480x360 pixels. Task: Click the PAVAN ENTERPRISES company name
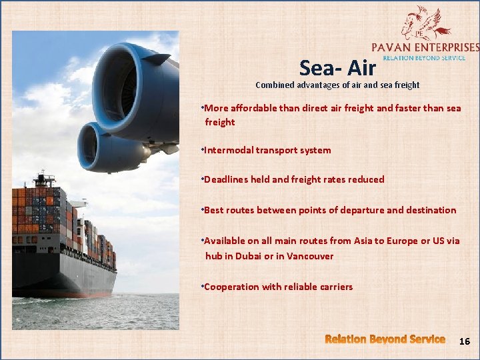[x=425, y=47]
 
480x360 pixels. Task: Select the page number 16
[x=464, y=341]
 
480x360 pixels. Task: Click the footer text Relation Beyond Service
[x=385, y=339]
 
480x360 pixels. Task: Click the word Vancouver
[x=310, y=256]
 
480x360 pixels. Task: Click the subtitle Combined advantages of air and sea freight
[x=337, y=85]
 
